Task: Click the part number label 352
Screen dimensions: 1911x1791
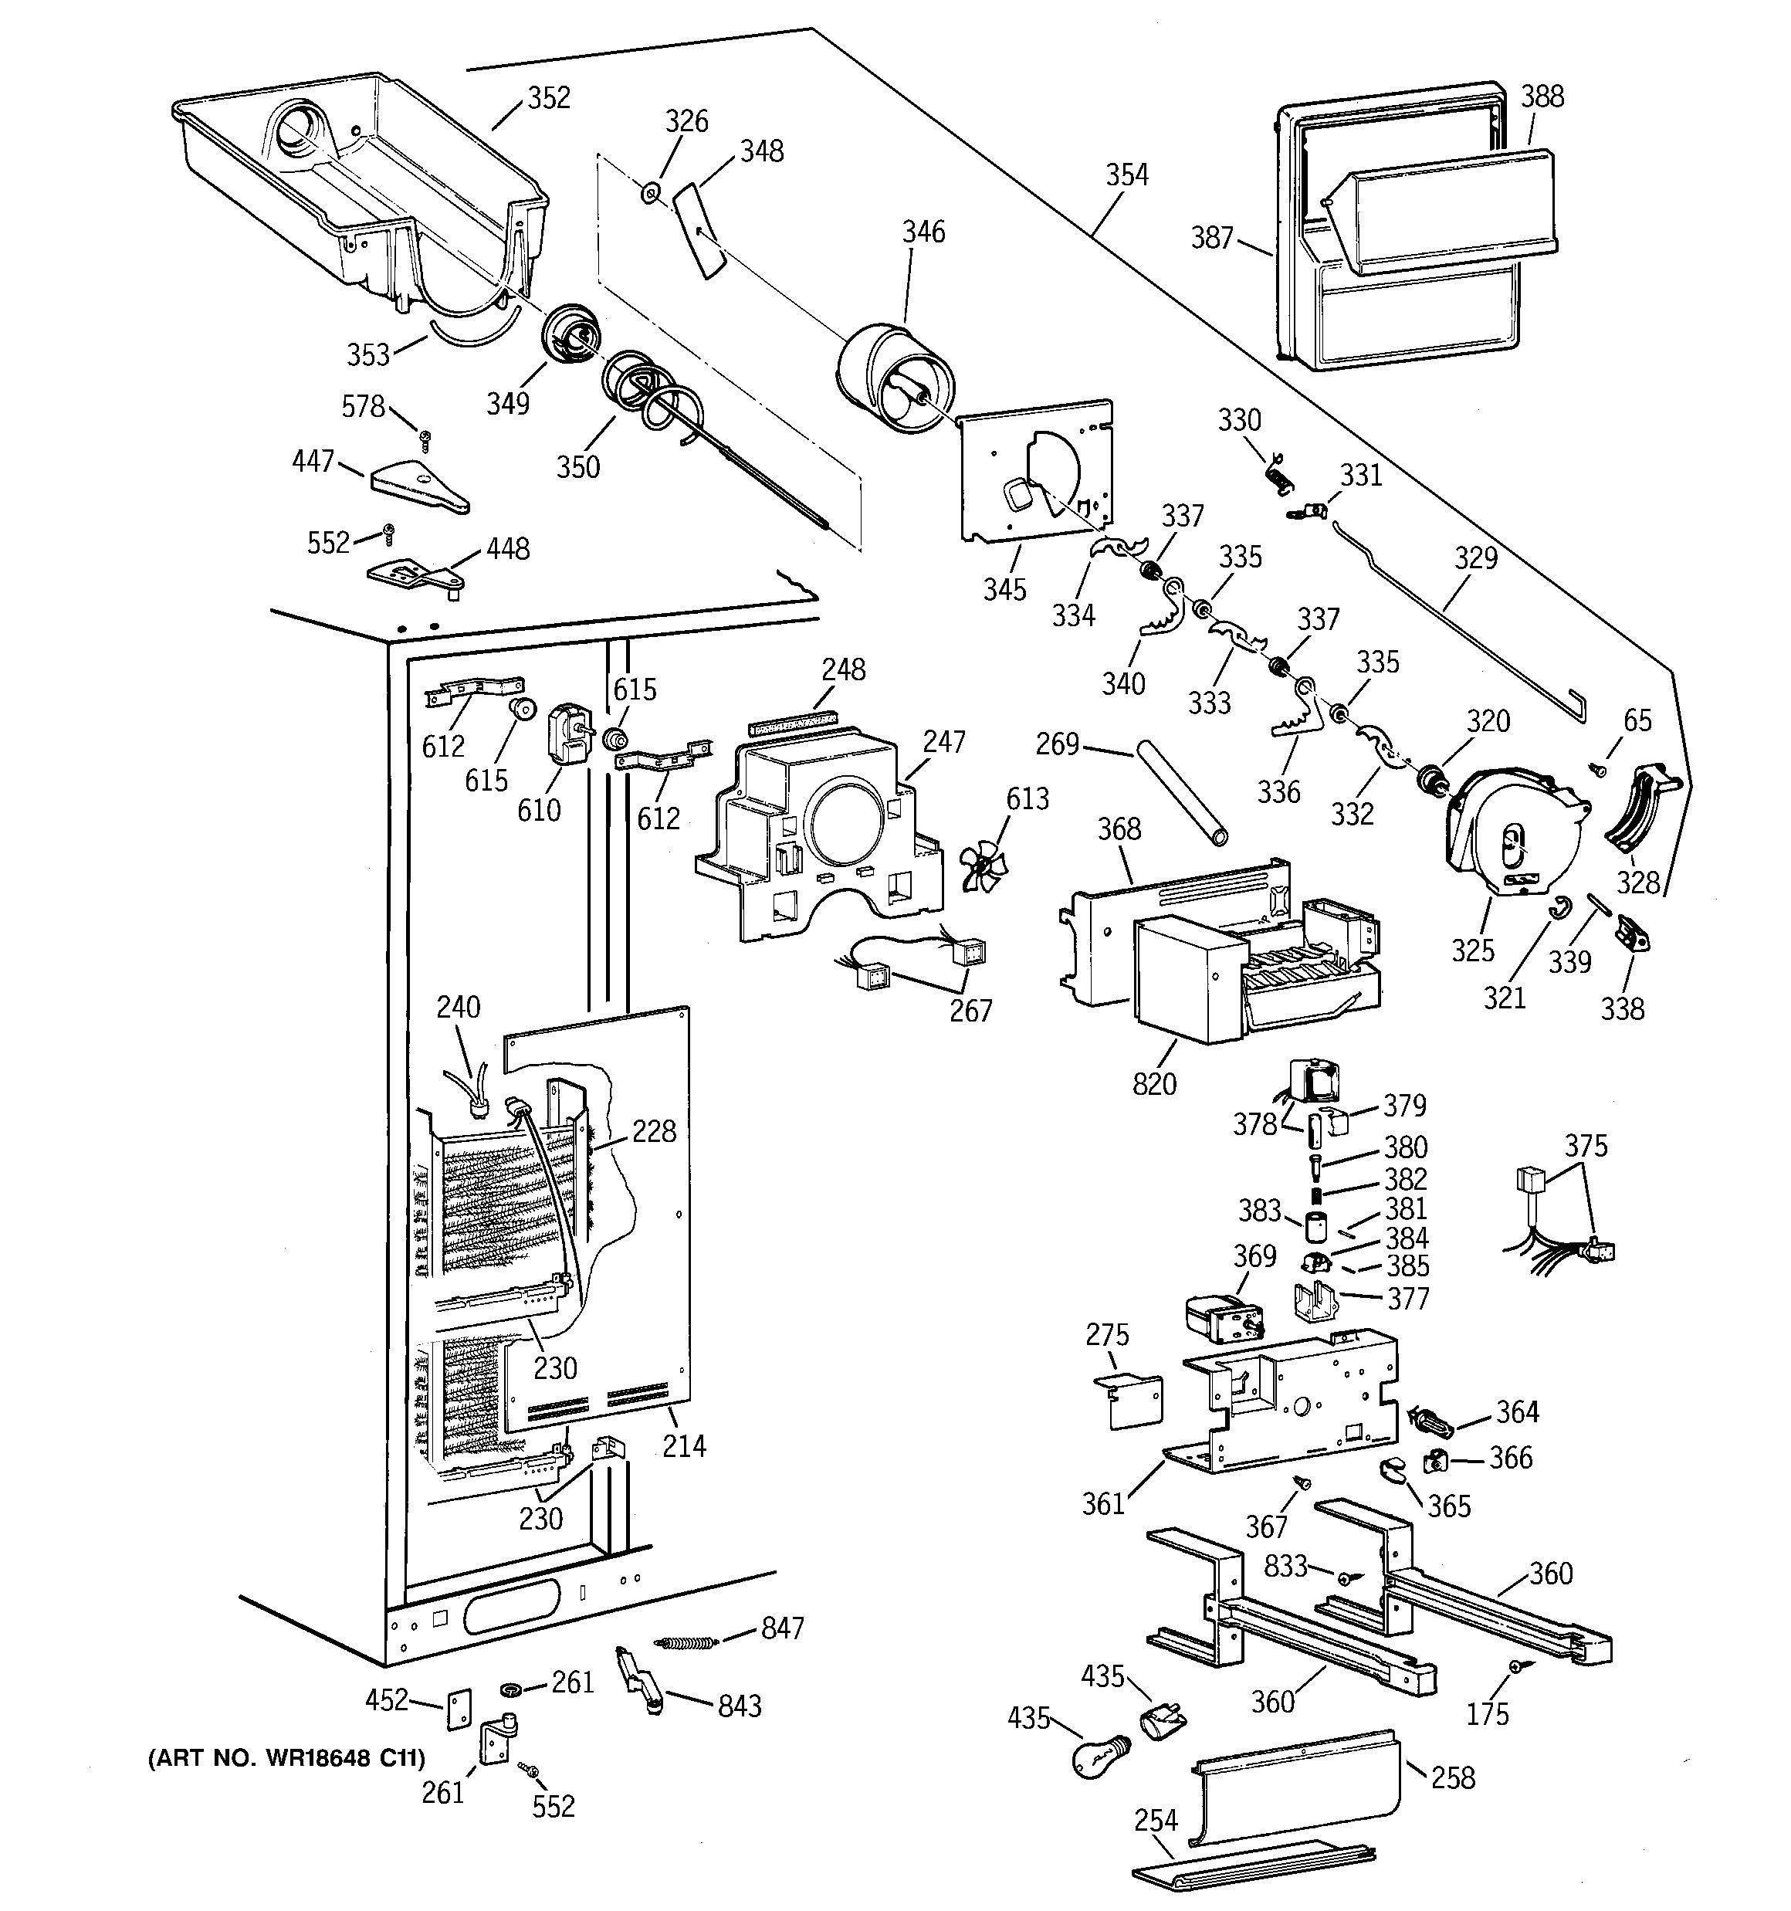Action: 549,98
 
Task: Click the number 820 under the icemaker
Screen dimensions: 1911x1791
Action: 1153,1084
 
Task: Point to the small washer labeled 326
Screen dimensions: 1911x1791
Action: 651,194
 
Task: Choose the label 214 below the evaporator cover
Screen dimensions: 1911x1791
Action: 683,1445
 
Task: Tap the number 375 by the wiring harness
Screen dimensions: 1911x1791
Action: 1586,1146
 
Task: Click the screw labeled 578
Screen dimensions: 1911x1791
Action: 424,439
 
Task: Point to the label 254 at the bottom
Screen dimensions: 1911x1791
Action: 1155,1821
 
